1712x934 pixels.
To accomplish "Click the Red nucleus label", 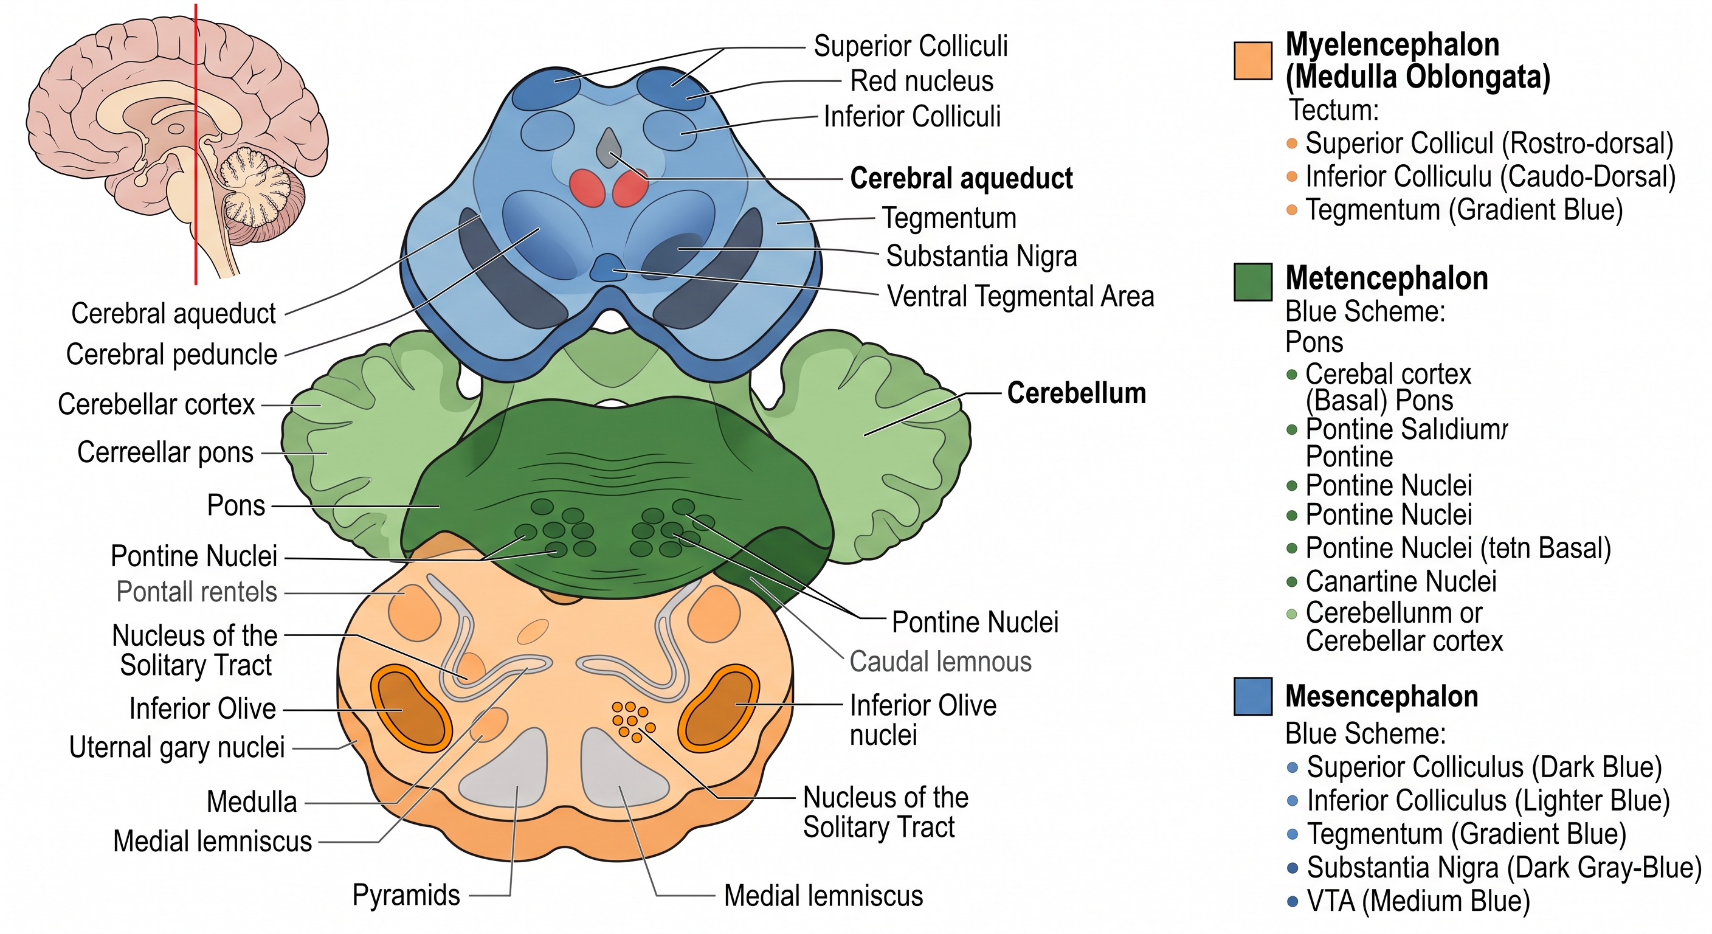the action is [x=922, y=81].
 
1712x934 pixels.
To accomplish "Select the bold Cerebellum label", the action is [x=1077, y=393].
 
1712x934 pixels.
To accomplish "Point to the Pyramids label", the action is [x=406, y=896].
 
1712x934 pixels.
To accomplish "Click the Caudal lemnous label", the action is [x=941, y=662].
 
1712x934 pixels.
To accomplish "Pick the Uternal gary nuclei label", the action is [x=177, y=747].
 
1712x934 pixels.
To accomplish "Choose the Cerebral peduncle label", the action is [x=171, y=355].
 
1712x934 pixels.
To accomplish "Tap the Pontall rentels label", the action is [x=197, y=592].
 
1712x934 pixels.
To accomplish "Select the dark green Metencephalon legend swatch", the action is [x=1253, y=282].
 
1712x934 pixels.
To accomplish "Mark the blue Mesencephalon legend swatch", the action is [x=1253, y=696].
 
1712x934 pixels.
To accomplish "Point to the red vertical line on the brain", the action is [x=195, y=144].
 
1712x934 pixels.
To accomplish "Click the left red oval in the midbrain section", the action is [x=587, y=188].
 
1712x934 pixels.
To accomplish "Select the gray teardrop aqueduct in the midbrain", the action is [x=609, y=148].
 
